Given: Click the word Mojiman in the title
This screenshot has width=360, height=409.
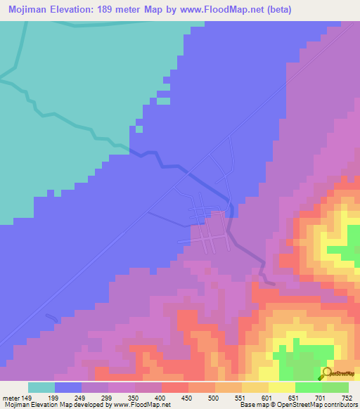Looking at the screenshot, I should (29, 10).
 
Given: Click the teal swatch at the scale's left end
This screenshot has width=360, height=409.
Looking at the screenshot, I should (41, 387).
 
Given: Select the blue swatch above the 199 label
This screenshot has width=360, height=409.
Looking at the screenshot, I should (68, 387).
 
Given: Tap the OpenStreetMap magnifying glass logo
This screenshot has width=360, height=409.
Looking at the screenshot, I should (326, 373).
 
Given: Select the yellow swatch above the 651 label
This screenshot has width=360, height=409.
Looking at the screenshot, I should (282, 387).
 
